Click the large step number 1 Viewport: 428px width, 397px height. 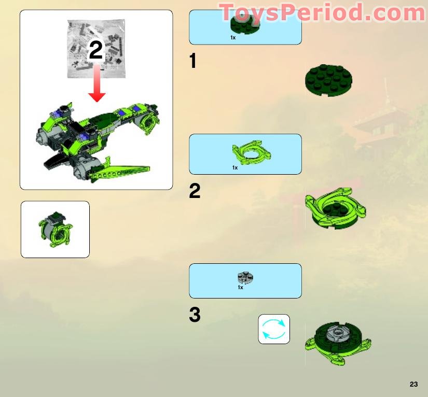pos(193,62)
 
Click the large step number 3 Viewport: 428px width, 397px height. pos(195,315)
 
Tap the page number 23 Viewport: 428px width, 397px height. pos(413,384)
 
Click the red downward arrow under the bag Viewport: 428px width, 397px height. pos(96,90)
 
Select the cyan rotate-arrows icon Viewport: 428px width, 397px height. pos(274,329)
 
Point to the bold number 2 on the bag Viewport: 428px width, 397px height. pos(96,51)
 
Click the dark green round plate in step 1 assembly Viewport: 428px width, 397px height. pos(329,81)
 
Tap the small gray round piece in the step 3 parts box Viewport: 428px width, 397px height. pos(244,277)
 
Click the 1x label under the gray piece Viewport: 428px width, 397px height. pos(240,288)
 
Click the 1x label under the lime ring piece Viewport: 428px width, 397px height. pos(235,167)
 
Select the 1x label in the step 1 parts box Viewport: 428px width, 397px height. pos(233,38)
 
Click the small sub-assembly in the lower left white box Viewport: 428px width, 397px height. pos(55,229)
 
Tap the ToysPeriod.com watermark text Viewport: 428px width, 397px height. pos(322,12)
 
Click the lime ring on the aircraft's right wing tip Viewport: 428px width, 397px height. pos(149,122)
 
